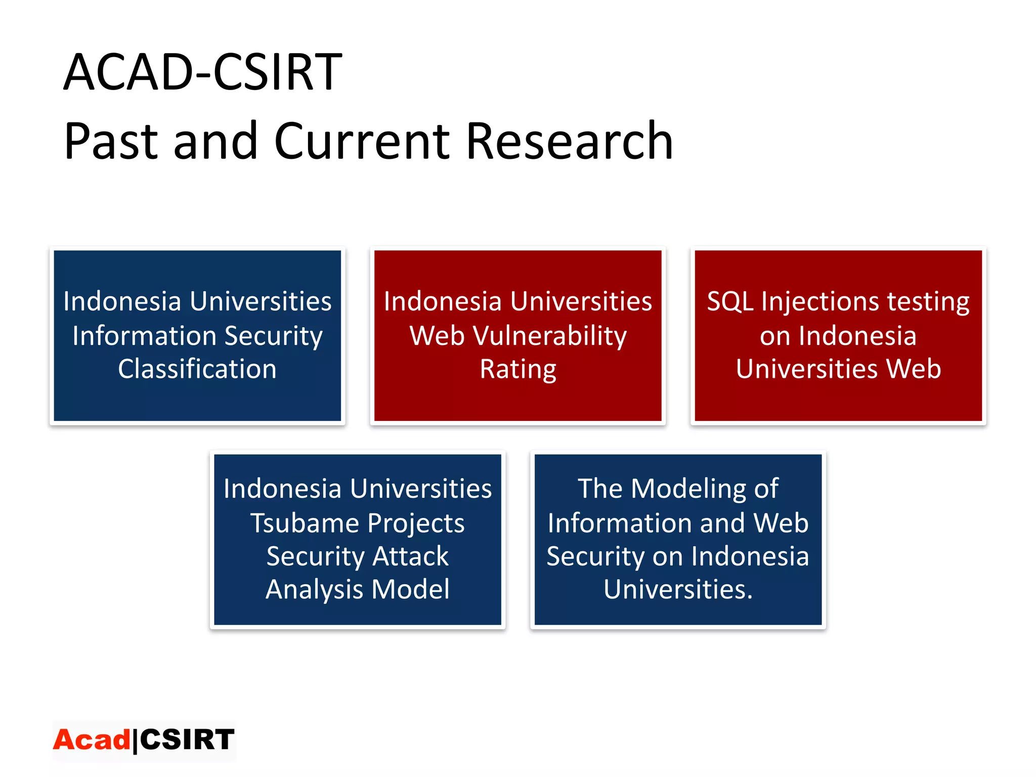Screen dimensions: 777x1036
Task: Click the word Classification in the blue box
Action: point(197,369)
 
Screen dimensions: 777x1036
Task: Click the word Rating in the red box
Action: point(518,369)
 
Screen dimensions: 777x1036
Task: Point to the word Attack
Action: point(410,556)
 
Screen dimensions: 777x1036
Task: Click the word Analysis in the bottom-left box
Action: point(315,590)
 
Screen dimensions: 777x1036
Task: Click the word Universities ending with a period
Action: point(678,590)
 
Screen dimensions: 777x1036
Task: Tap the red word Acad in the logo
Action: point(92,740)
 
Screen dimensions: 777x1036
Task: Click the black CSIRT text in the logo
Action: point(187,740)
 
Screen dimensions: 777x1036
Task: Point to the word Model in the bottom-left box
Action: point(410,590)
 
